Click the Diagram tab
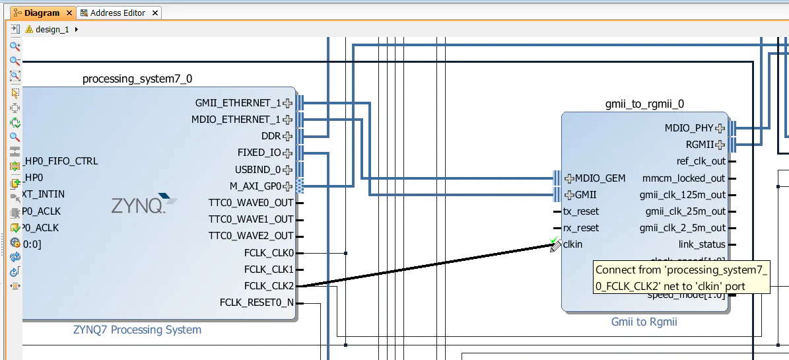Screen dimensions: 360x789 tap(41, 13)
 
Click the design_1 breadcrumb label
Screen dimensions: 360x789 tap(52, 30)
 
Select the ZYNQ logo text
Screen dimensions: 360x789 tap(137, 206)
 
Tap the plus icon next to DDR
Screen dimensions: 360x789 tap(288, 137)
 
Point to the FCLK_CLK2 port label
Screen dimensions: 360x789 tap(269, 286)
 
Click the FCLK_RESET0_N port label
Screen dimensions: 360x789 tap(257, 303)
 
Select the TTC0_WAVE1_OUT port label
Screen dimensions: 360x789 tap(251, 219)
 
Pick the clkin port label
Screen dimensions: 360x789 tap(573, 244)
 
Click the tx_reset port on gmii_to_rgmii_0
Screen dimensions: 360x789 tap(581, 211)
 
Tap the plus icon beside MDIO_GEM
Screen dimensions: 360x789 tap(570, 178)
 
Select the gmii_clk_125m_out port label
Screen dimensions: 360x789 tap(682, 195)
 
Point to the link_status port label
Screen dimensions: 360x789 tap(702, 244)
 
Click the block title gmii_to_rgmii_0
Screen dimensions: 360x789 tap(644, 104)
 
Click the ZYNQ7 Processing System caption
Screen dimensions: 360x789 tap(137, 330)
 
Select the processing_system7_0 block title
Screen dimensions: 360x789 tap(137, 79)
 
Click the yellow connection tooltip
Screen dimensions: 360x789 tap(681, 277)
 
